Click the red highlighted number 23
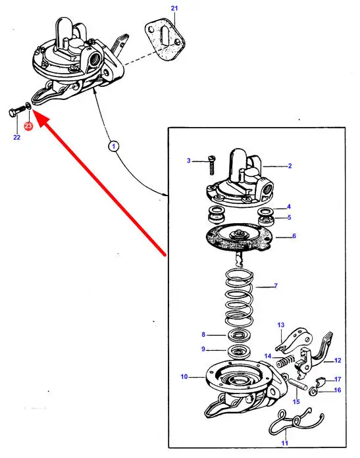pyautogui.click(x=28, y=126)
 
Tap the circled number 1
pyautogui.click(x=113, y=146)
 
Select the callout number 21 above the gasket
pyautogui.click(x=174, y=8)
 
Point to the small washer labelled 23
pyautogui.click(x=28, y=105)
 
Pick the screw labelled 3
pyautogui.click(x=212, y=165)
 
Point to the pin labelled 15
pyautogui.click(x=297, y=384)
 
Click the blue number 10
pyautogui.click(x=184, y=376)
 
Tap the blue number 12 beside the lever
pyautogui.click(x=338, y=360)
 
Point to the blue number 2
pyautogui.click(x=290, y=166)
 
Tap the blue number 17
pyautogui.click(x=338, y=379)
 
